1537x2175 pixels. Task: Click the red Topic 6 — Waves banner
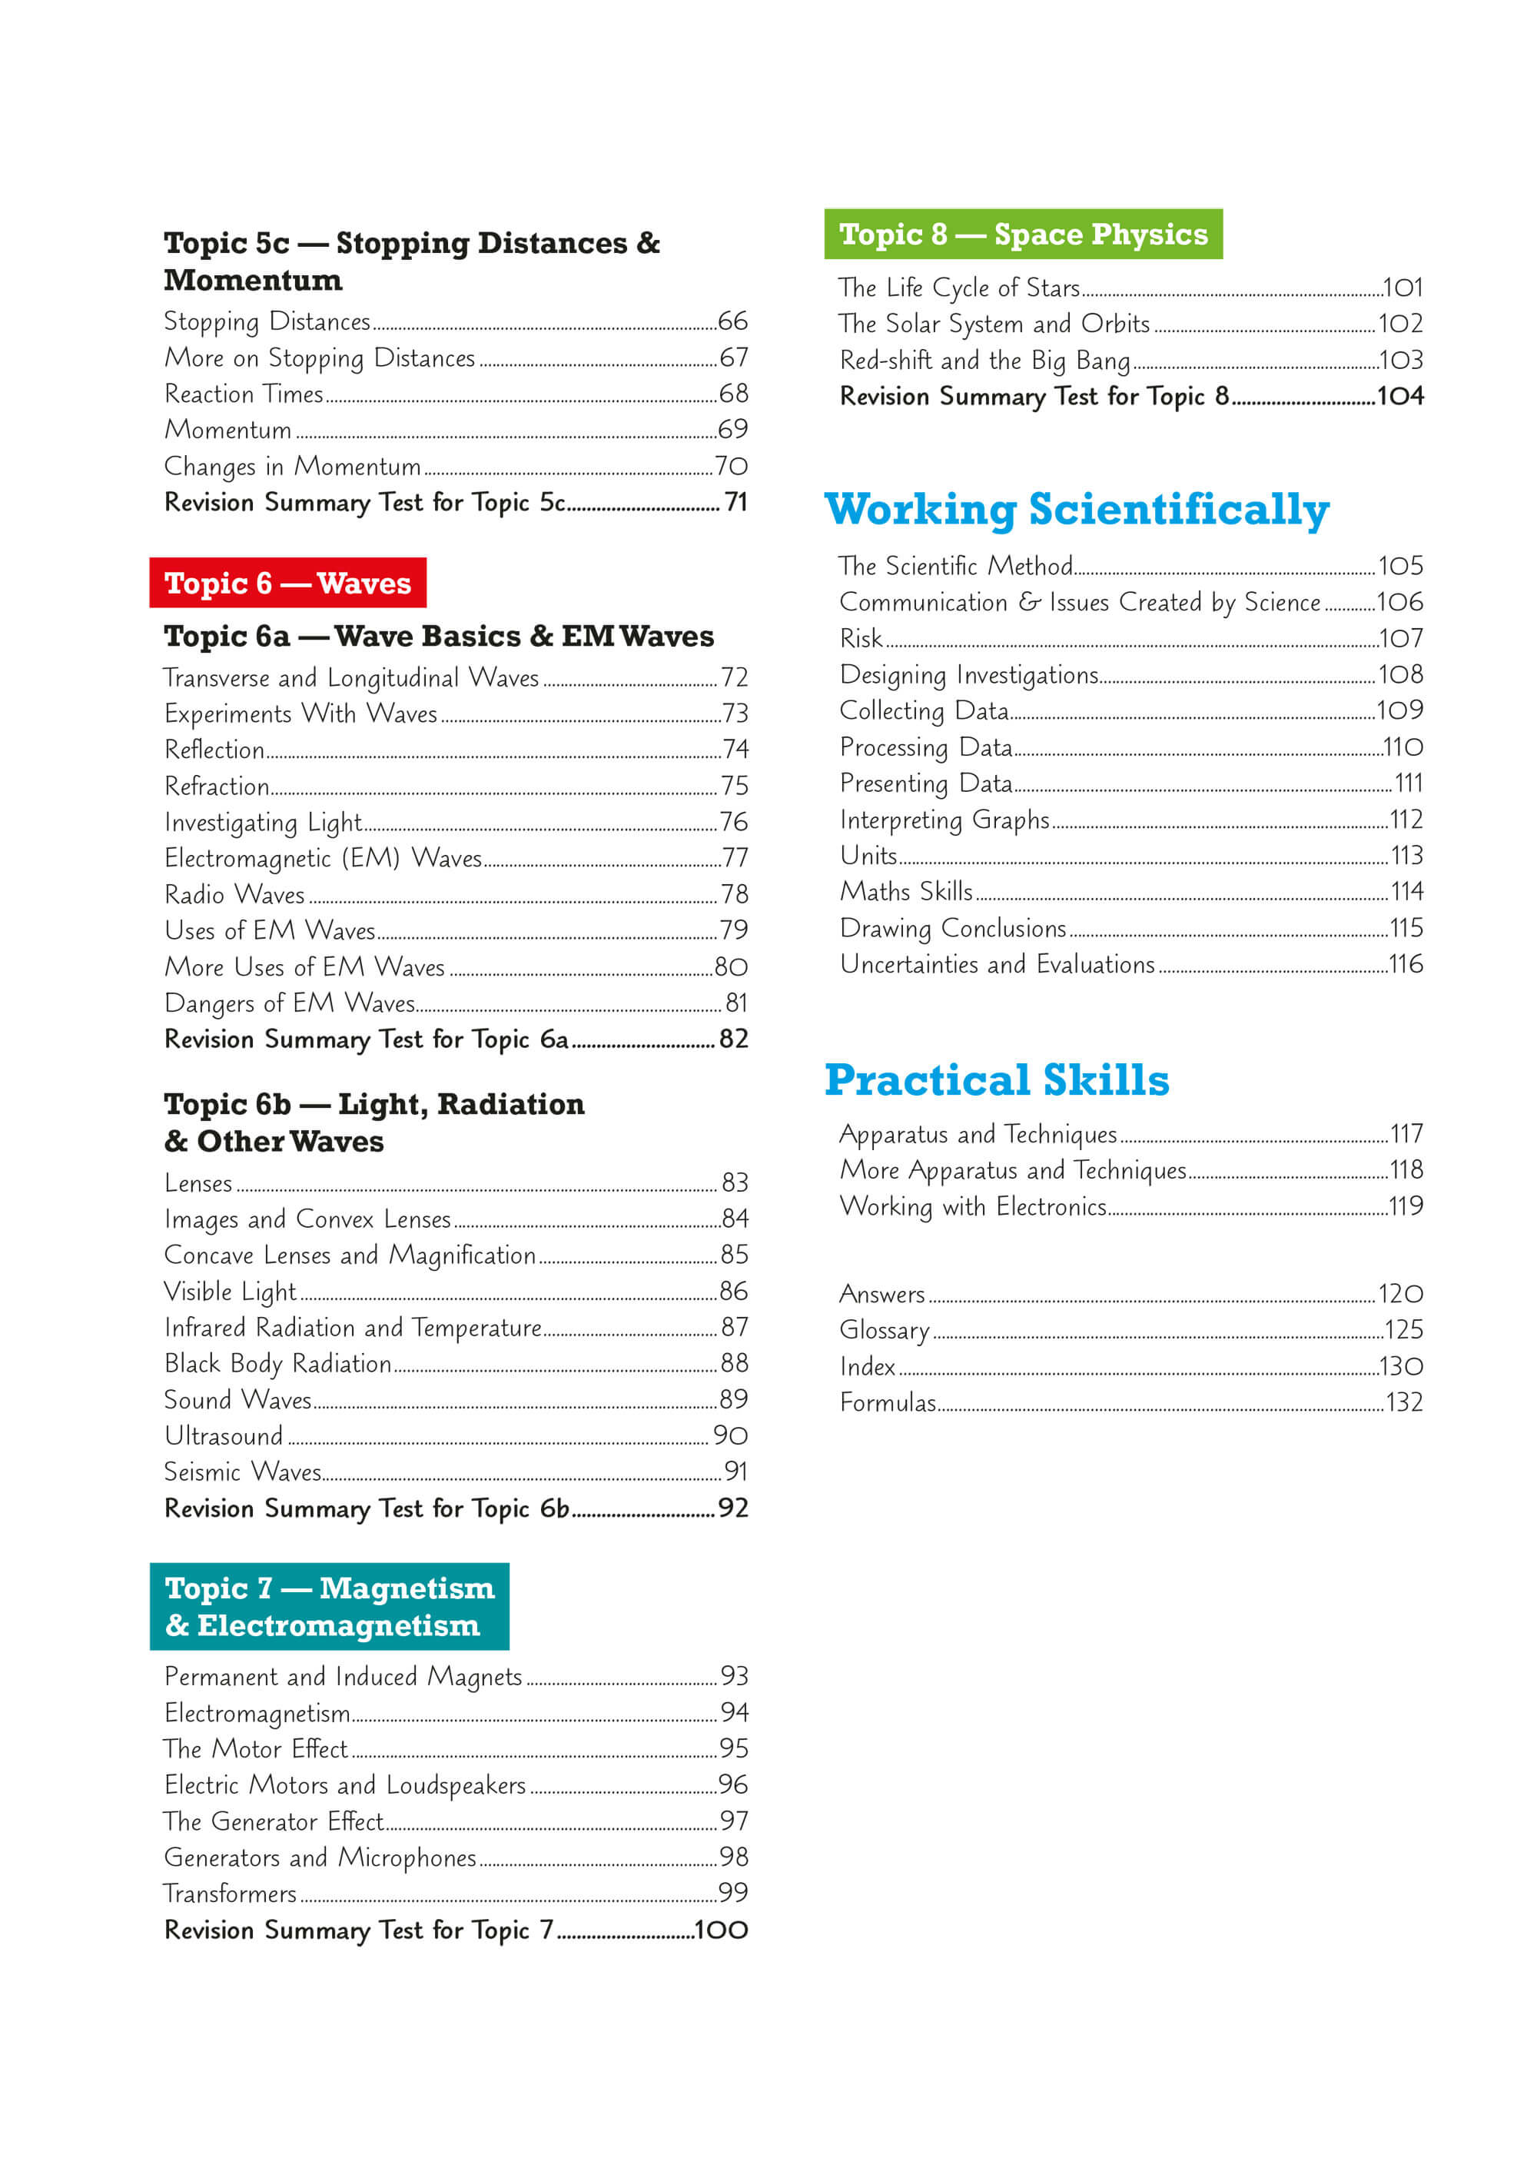pyautogui.click(x=288, y=583)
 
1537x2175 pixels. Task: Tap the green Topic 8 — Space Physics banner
pyautogui.click(x=1023, y=234)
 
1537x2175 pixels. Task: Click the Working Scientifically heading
pyautogui.click(x=1077, y=510)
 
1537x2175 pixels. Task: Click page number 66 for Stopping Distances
pyautogui.click(x=733, y=321)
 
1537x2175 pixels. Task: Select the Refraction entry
pyautogui.click(x=217, y=787)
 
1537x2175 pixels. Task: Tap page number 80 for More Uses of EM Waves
pyautogui.click(x=731, y=967)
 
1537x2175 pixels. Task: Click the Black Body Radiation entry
pyautogui.click(x=277, y=1363)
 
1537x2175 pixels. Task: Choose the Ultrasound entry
pyautogui.click(x=224, y=1436)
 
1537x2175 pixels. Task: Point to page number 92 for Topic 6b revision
pyautogui.click(x=733, y=1508)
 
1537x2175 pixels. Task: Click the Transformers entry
pyautogui.click(x=230, y=1894)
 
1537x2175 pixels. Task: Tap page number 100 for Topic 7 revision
pyautogui.click(x=722, y=1930)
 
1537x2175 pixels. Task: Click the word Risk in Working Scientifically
pyautogui.click(x=861, y=638)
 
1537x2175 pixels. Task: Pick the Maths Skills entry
pyautogui.click(x=906, y=891)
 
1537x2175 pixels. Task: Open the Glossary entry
pyautogui.click(x=885, y=1330)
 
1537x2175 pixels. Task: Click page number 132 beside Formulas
pyautogui.click(x=1403, y=1402)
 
